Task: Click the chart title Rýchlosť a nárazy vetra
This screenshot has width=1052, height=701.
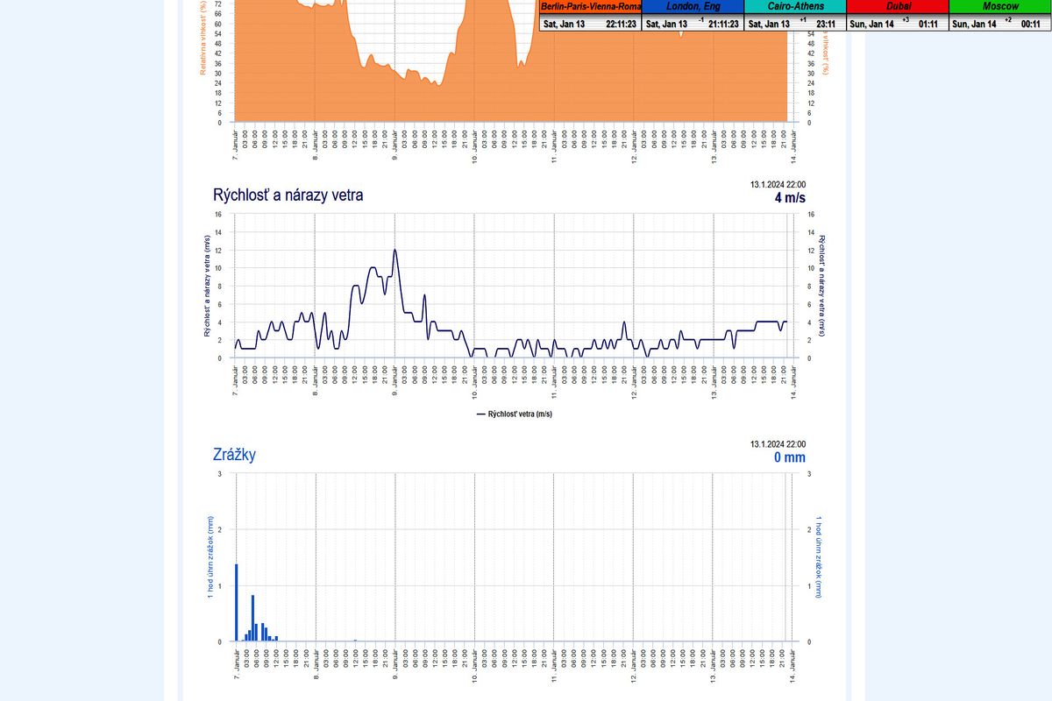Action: coord(288,195)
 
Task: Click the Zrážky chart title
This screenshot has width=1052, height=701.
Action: coord(234,455)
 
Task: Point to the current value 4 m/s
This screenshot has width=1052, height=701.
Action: coord(789,198)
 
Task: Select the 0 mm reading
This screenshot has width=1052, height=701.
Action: coord(788,457)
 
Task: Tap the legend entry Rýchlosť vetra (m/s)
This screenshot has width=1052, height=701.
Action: coord(520,414)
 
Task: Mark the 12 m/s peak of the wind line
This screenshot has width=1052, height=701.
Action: coord(395,250)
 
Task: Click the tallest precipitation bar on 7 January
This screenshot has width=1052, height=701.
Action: coord(237,602)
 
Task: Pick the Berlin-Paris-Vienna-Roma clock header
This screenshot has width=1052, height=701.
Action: coord(591,6)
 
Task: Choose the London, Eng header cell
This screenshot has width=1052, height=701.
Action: coord(693,6)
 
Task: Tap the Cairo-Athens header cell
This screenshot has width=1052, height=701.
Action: coord(795,6)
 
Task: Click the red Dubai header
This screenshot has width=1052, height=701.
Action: coord(898,6)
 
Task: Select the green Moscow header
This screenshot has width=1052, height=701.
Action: coord(1000,6)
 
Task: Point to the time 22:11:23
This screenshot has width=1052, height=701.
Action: coord(621,24)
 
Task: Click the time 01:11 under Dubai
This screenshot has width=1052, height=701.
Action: coord(928,24)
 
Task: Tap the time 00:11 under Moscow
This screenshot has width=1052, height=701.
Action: coord(1030,24)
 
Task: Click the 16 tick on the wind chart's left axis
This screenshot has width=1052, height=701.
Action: coord(218,214)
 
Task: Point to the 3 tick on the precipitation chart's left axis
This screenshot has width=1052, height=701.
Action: coord(219,474)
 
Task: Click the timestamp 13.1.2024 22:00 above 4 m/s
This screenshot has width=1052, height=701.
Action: coord(778,184)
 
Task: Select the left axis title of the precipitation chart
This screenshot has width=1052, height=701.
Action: coord(210,558)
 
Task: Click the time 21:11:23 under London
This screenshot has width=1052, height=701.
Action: coord(723,24)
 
